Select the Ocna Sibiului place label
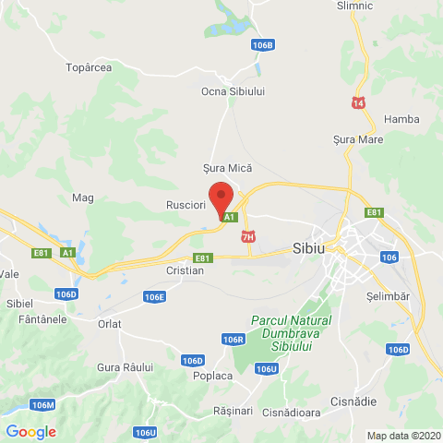tap(233, 91)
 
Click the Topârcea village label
tap(90, 67)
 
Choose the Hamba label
tap(401, 119)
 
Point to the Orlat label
tap(109, 324)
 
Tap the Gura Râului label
tap(123, 366)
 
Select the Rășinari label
tap(232, 410)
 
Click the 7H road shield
tap(247, 237)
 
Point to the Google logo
tap(30, 431)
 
